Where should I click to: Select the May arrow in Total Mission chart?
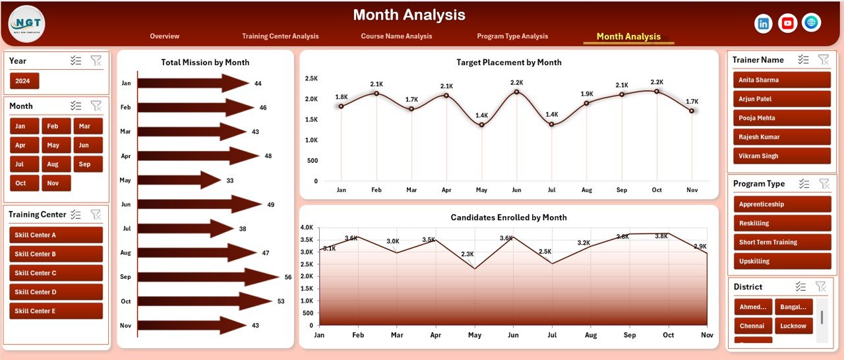[179, 180]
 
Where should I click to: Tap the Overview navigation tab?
[164, 36]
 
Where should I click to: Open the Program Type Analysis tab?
[512, 36]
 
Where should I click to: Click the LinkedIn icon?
[764, 23]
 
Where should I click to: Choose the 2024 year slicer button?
[24, 81]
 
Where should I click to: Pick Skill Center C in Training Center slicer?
[56, 273]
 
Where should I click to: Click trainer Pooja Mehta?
[781, 118]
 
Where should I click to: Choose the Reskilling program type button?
[781, 224]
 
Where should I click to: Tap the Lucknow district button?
[793, 326]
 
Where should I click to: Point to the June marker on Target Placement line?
[516, 92]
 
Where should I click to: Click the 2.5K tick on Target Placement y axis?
[311, 78]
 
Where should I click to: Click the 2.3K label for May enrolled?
[467, 254]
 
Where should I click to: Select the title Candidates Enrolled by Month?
[508, 218]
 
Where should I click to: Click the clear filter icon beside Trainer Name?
[824, 59]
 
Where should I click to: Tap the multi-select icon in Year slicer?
[76, 61]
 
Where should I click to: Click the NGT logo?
[26, 24]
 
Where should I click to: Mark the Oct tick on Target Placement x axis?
[657, 190]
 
